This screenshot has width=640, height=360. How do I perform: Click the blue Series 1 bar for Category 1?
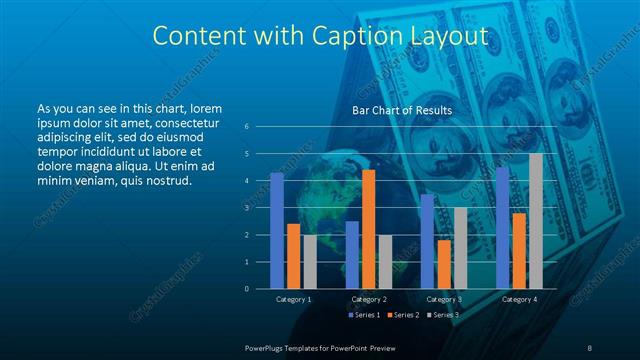(x=277, y=231)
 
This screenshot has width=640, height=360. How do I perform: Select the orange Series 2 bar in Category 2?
(x=368, y=229)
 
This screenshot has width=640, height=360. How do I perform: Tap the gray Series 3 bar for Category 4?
(x=536, y=221)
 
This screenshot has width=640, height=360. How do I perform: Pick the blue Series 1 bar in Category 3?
(x=427, y=241)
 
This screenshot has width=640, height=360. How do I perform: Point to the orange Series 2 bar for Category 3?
(x=443, y=264)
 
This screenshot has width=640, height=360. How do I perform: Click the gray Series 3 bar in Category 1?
(x=310, y=261)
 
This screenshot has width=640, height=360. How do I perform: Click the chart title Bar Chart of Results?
(x=402, y=109)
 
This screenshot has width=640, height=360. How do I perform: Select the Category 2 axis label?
(x=369, y=299)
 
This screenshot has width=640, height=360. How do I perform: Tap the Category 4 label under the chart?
(x=519, y=299)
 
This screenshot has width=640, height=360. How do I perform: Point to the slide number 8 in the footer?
(x=590, y=346)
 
